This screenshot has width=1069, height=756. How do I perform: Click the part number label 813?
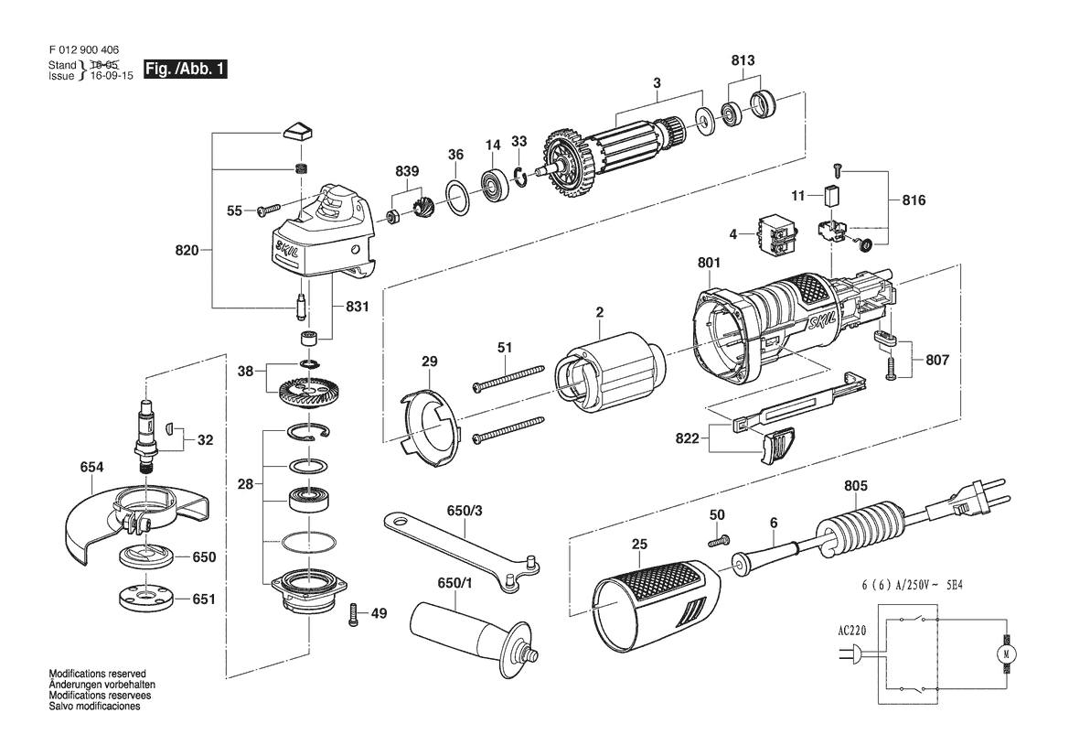(x=743, y=60)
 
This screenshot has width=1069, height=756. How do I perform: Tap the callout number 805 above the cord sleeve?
(x=856, y=485)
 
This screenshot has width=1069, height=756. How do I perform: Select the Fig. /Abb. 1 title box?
(x=185, y=69)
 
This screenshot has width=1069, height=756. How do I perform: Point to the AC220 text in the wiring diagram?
(x=851, y=631)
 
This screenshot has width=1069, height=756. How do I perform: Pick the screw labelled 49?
(x=353, y=615)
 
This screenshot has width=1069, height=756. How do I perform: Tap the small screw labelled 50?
(x=719, y=540)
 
